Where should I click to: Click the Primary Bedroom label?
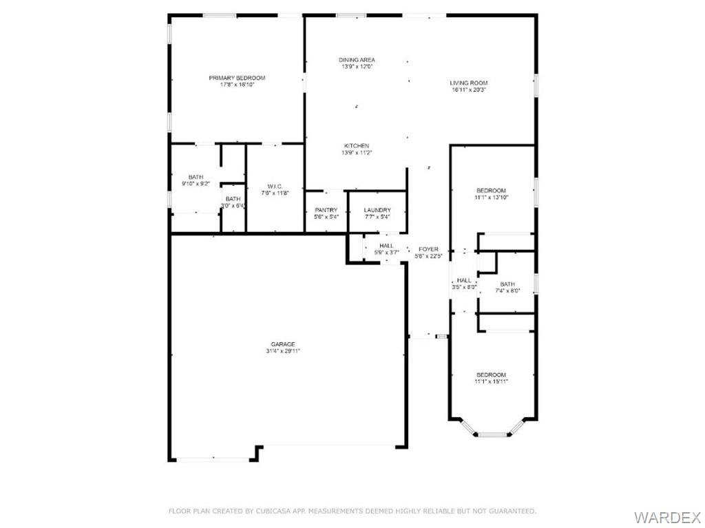237,78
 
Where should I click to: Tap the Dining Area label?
357,60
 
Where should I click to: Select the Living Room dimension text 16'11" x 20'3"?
469,90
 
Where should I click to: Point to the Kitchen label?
357,146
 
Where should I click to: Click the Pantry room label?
326,210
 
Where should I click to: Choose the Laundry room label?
377,210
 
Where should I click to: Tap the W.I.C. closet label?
275,187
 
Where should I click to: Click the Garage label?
283,344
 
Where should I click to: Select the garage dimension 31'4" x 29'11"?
283,350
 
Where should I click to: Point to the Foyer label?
428,249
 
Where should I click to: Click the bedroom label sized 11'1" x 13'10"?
492,191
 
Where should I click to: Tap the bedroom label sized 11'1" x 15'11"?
492,374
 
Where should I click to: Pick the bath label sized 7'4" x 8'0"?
507,284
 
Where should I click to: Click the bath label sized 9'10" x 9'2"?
196,177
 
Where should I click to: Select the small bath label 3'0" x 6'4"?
233,199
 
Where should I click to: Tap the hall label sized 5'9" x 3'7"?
386,246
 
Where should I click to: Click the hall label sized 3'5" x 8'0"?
465,280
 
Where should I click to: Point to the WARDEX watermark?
666,516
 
